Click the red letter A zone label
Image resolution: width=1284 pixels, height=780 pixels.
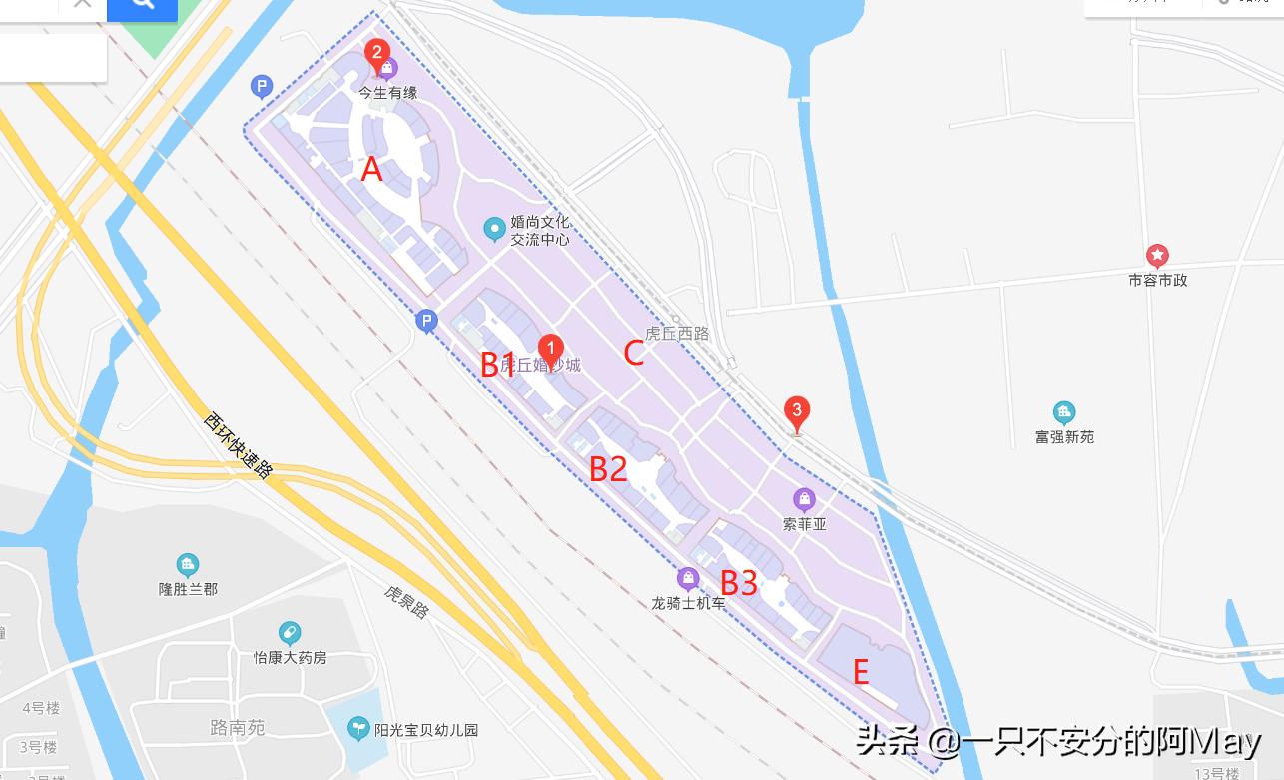[x=371, y=169]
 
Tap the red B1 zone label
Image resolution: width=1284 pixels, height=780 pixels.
[x=498, y=365]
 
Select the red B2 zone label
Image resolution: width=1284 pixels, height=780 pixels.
[x=608, y=467]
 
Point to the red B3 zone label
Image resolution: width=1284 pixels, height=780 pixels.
[x=739, y=581]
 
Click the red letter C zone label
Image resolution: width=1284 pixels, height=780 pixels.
[x=633, y=353]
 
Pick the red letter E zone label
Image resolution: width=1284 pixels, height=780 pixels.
[x=861, y=672]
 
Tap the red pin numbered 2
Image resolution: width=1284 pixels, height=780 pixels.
[x=376, y=52]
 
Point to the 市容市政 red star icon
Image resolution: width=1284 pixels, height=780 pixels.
[x=1157, y=256]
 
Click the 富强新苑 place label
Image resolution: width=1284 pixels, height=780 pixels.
[x=1064, y=437]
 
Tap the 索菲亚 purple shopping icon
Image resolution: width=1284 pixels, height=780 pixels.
[x=804, y=499]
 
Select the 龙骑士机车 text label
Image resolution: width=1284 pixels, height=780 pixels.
[x=689, y=604]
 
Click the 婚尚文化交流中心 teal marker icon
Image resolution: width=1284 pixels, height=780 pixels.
[x=493, y=230]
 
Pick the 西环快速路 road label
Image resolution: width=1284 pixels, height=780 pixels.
[x=238, y=445]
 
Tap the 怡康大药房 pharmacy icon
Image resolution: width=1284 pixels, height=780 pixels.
[x=290, y=633]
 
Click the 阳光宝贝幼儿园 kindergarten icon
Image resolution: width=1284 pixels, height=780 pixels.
[x=358, y=729]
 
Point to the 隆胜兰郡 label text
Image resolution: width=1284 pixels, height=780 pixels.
[x=188, y=589]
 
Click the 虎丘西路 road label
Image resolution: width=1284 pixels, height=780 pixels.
[x=677, y=334]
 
